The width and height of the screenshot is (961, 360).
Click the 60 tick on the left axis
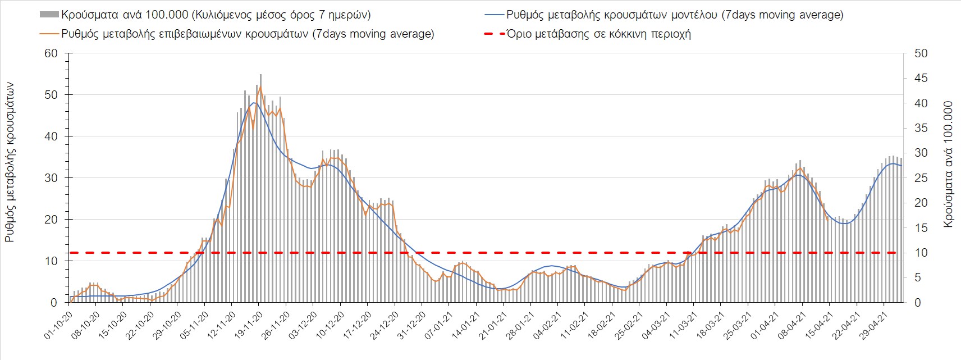tap(51, 53)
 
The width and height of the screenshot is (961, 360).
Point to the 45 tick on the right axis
tap(921, 79)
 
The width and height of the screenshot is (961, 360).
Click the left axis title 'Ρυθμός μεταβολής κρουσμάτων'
tap(10, 163)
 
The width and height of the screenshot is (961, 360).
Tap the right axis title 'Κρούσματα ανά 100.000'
tap(949, 164)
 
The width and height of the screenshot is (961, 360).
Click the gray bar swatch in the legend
tap(49, 15)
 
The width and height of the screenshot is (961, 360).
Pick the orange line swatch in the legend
tap(49, 34)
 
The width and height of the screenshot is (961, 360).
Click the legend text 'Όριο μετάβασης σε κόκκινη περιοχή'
tap(598, 34)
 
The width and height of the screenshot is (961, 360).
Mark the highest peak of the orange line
tap(260, 86)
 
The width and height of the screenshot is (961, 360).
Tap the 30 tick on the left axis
tap(51, 178)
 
